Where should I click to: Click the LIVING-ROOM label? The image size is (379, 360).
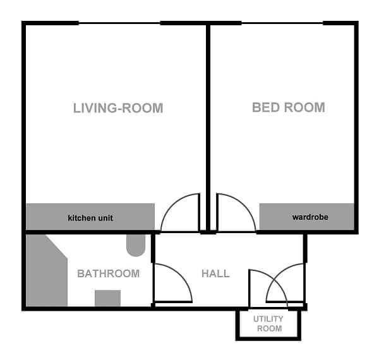(x=118, y=108)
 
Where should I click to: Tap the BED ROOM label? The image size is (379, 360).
(x=288, y=107)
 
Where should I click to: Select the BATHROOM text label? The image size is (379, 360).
(x=108, y=273)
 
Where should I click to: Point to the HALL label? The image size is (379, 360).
(x=215, y=273)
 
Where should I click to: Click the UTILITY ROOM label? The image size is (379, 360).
(x=268, y=324)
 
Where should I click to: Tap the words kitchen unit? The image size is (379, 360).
(x=90, y=219)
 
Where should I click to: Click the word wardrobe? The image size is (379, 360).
(x=310, y=218)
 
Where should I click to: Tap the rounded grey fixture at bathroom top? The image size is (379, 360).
(x=135, y=244)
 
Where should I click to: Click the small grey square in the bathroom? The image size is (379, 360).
(x=107, y=298)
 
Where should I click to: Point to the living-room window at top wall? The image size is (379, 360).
(x=119, y=24)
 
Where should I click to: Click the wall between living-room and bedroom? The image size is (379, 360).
(x=208, y=126)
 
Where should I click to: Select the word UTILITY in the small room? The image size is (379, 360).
(x=268, y=320)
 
